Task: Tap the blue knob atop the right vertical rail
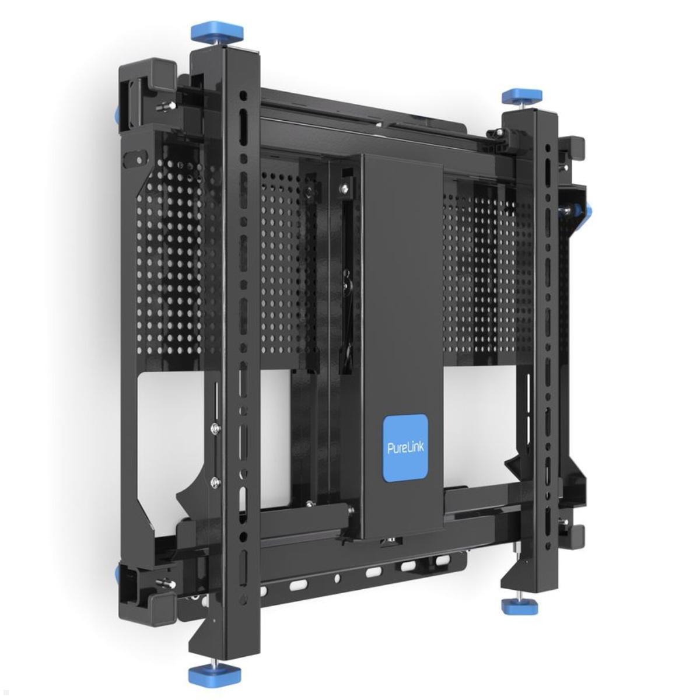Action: point(523,95)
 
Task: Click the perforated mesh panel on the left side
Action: point(169,257)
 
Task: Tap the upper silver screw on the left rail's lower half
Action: point(216,429)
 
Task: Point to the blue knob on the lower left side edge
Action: point(119,575)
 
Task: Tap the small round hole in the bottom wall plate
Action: point(337,579)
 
